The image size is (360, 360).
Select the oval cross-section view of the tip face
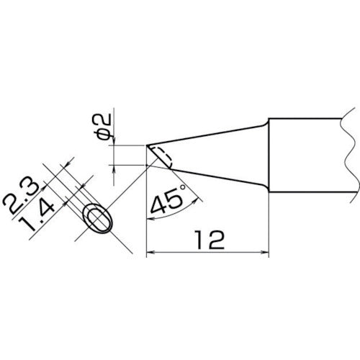pos(98,220)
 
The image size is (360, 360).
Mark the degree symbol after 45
pos(181,188)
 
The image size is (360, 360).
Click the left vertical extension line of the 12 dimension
pos(146,216)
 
